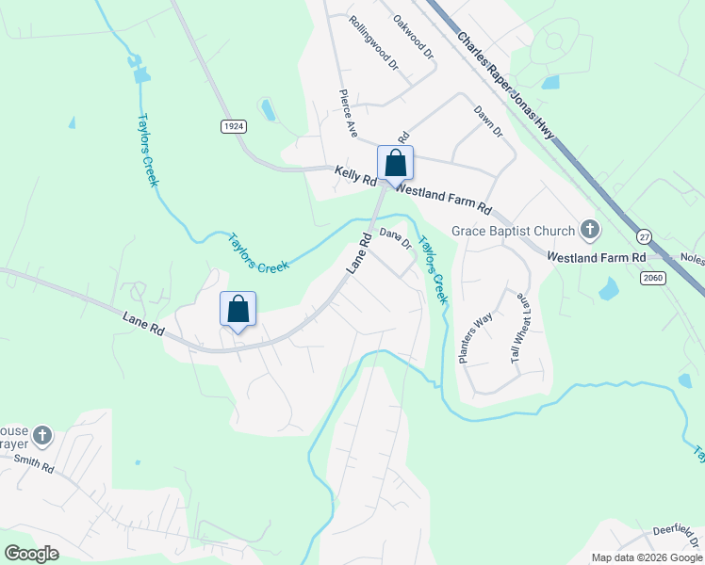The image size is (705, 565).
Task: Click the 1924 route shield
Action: pyautogui.click(x=234, y=126)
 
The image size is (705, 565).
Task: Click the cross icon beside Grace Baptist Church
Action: pyautogui.click(x=590, y=230)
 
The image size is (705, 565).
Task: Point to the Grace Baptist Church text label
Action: pyautogui.click(x=513, y=231)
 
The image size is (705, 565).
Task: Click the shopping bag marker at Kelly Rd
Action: pyautogui.click(x=395, y=163)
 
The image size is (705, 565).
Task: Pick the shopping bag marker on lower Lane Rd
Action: pyautogui.click(x=238, y=309)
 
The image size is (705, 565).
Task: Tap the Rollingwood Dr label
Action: pyautogui.click(x=373, y=43)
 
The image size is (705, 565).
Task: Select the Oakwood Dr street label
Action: pyautogui.click(x=413, y=39)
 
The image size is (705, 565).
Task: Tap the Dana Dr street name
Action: pyautogui.click(x=396, y=239)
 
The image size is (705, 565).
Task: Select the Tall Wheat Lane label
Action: pyautogui.click(x=520, y=328)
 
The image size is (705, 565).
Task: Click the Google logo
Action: pyautogui.click(x=31, y=554)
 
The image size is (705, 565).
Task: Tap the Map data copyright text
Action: pyautogui.click(x=647, y=557)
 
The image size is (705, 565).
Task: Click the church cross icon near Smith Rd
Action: pyautogui.click(x=41, y=435)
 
